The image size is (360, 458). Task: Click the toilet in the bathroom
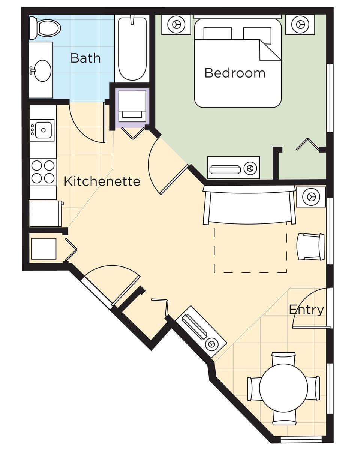point(46,28)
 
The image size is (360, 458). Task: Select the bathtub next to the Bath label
point(132,49)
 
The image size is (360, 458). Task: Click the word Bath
point(85,58)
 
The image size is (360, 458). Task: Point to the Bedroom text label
point(235,73)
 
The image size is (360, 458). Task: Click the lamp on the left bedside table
point(176,25)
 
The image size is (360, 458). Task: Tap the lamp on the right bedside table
point(300,24)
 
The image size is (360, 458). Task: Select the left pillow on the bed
point(217,33)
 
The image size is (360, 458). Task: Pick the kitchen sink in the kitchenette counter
point(43,130)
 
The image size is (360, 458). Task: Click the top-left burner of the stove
point(37,165)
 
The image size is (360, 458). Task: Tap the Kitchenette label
point(102,181)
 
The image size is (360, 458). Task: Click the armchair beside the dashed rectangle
point(310,247)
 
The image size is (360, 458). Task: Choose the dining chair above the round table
point(283,358)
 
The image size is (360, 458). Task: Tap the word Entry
point(306,310)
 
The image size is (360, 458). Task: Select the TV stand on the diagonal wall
point(201,331)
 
